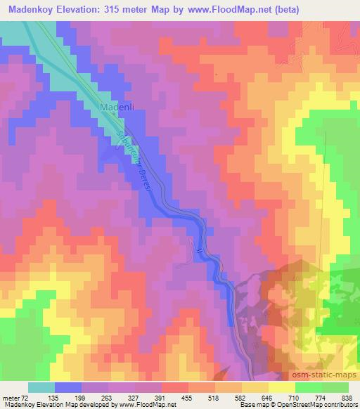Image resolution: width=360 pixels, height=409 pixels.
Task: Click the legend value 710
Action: pos(294,398)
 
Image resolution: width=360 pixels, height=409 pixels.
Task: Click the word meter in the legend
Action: pos(12,398)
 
